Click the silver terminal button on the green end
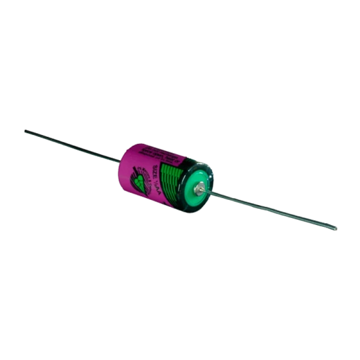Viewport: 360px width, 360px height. (x=199, y=188)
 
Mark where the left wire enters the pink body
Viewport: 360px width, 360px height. (x=119, y=161)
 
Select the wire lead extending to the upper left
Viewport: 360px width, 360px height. (x=72, y=145)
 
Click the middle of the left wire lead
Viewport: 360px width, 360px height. (x=72, y=145)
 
